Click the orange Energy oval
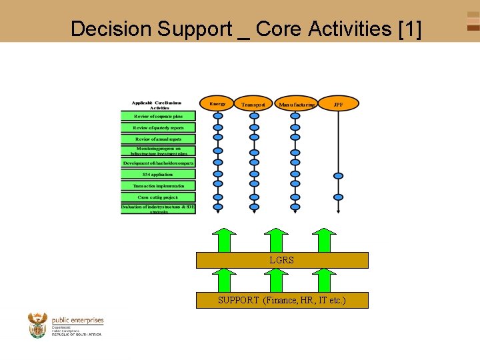pos(217,103)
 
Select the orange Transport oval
pos(253,104)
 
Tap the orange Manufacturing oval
pos(296,104)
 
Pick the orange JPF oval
pos(339,104)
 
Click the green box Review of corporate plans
pos(158,116)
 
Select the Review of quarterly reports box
pos(158,127)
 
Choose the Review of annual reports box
pos(158,139)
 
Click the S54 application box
pos(158,174)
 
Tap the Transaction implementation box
pos(158,185)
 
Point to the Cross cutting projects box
pos(158,197)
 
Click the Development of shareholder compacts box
pos(158,163)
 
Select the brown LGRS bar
pos(282,260)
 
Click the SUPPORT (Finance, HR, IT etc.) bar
pos(282,300)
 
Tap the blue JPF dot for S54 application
pos(339,176)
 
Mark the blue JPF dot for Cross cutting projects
pos(339,197)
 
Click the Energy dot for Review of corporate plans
pos(218,116)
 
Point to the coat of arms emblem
pos(38,325)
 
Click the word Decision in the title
pos(111,29)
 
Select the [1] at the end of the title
pos(409,29)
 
